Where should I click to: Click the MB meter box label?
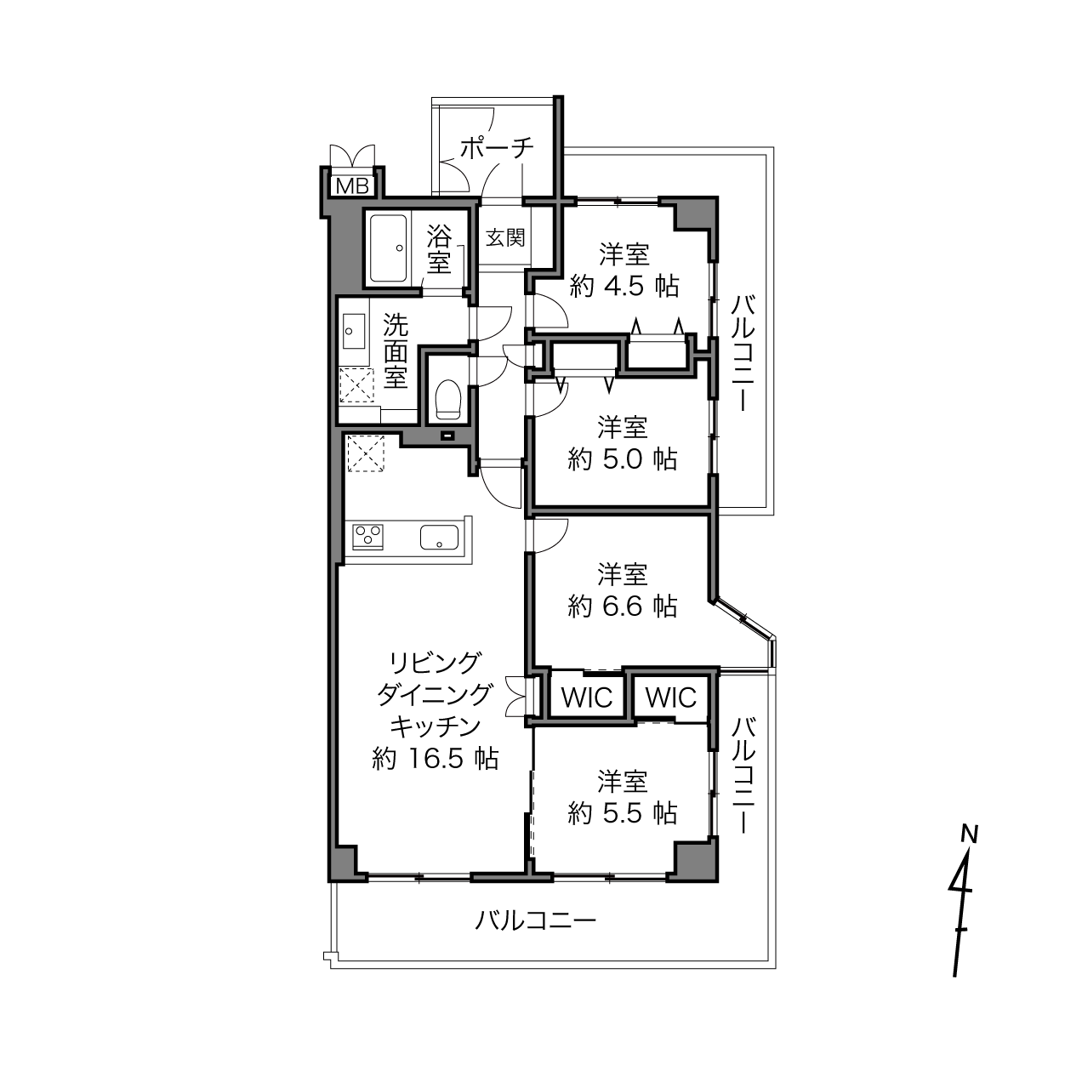point(352,187)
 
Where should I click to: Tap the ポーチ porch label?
point(497,148)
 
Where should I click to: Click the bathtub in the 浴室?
point(388,248)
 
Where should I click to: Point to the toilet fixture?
point(447,399)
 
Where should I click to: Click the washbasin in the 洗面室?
point(354,331)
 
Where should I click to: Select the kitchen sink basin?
point(440,538)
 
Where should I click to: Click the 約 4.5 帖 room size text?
point(624,287)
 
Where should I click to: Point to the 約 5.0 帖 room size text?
point(623,458)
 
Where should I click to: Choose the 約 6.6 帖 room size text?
point(623,607)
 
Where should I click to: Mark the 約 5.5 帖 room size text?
point(623,813)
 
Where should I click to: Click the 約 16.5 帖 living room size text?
point(436,758)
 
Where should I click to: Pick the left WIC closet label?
point(587,698)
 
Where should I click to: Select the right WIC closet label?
point(670,698)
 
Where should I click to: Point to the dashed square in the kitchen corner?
point(366,453)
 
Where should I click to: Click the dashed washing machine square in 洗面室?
point(356,385)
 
